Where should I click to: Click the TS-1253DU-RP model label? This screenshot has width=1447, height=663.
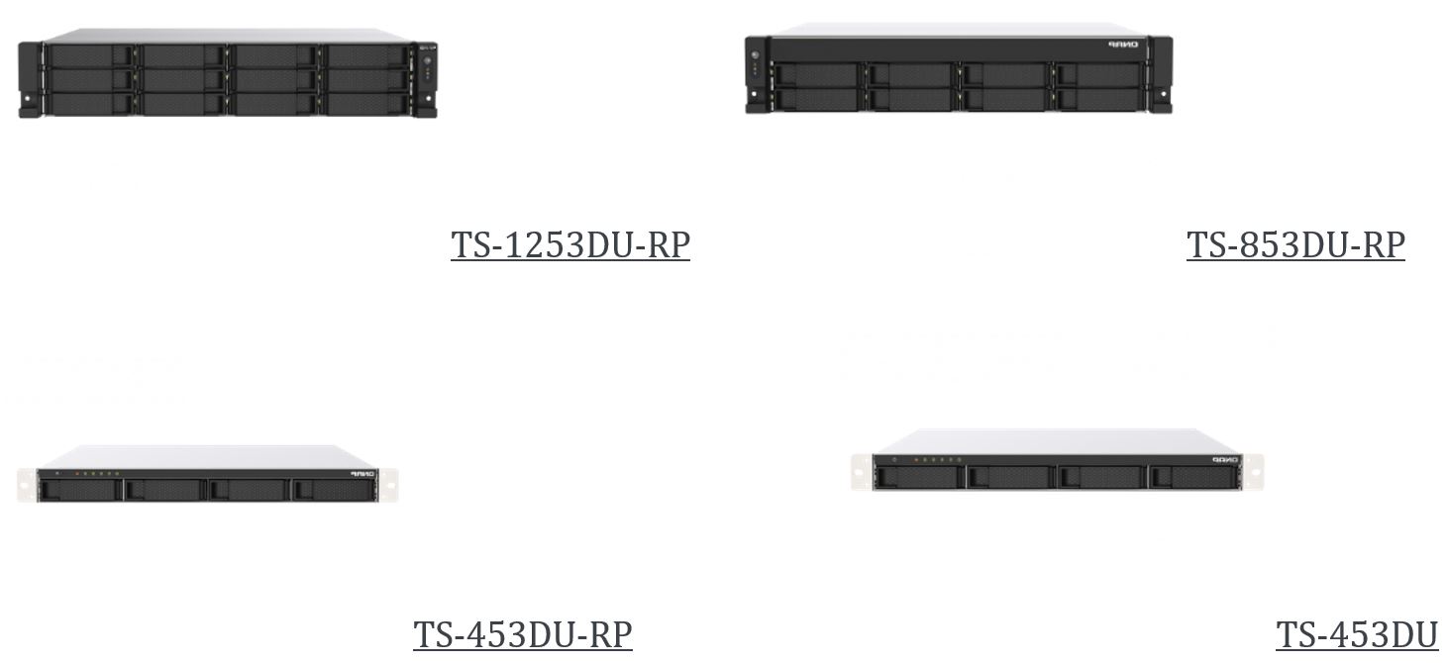click(x=570, y=244)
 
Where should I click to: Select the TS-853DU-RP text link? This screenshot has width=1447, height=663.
click(x=1295, y=244)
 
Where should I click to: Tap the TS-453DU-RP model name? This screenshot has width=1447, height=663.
click(x=523, y=634)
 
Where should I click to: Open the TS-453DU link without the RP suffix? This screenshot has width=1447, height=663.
click(x=1357, y=634)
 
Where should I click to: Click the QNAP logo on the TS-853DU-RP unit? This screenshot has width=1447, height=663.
click(x=1123, y=45)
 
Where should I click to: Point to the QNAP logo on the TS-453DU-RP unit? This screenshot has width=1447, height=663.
click(x=362, y=474)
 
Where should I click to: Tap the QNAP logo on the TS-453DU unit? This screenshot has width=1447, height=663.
click(x=1225, y=459)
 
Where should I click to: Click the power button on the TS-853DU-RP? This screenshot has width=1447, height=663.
click(x=755, y=54)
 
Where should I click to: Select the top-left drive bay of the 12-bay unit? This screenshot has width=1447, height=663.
click(x=90, y=54)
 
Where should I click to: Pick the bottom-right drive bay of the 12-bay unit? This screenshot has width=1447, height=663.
click(x=366, y=105)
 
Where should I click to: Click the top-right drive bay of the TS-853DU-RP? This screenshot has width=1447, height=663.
click(x=1098, y=74)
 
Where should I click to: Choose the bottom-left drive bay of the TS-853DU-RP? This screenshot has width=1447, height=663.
click(x=816, y=99)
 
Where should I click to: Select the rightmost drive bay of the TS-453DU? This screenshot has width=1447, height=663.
click(x=1193, y=477)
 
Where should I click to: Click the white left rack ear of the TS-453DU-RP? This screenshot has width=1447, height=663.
click(x=27, y=485)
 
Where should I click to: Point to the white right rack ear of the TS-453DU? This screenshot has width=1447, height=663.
click(x=1253, y=472)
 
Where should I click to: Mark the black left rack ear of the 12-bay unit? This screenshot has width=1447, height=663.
click(x=30, y=79)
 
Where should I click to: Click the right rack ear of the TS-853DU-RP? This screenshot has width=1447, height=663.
click(x=1161, y=75)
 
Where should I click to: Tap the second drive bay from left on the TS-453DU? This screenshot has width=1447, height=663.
click(x=1011, y=477)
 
